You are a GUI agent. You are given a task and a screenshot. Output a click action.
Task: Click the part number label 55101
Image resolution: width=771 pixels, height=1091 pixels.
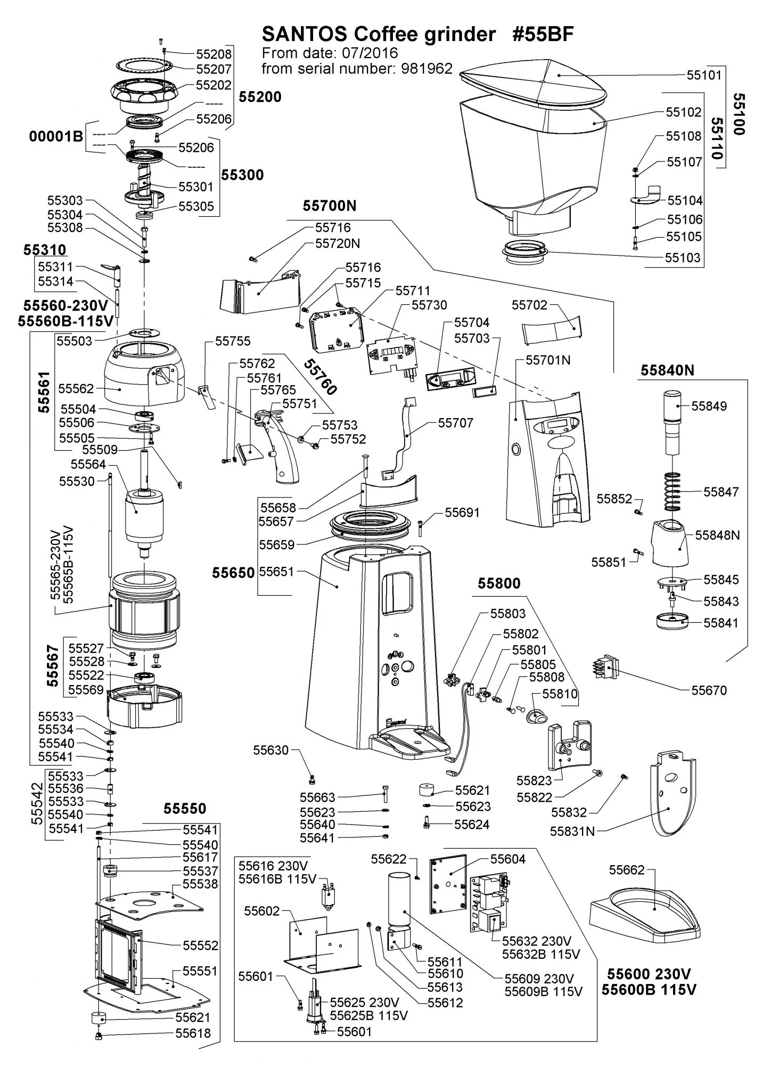[x=703, y=75]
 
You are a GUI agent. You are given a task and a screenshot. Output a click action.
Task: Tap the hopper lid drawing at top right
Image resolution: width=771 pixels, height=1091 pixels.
[x=532, y=85]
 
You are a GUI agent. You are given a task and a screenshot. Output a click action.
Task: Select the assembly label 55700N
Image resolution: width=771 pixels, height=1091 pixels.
[x=330, y=206]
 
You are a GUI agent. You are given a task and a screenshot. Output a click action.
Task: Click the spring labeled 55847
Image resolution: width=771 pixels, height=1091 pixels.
[x=674, y=491]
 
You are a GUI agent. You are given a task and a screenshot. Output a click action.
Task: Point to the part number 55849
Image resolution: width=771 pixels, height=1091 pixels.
[x=709, y=406]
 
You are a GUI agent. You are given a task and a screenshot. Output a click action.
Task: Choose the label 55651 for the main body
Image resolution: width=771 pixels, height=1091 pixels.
[x=276, y=573]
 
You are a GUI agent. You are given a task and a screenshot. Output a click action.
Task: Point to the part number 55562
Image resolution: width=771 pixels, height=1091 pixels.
[x=76, y=389]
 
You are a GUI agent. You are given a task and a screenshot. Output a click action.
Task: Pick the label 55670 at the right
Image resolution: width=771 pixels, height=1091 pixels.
[x=709, y=690]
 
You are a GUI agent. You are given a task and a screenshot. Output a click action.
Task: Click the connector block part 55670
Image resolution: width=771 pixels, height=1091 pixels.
[x=603, y=666]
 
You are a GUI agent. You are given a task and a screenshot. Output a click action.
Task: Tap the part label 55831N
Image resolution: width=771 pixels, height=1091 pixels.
[x=572, y=831]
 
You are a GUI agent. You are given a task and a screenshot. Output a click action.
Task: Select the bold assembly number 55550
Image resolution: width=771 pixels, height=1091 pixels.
[x=184, y=809]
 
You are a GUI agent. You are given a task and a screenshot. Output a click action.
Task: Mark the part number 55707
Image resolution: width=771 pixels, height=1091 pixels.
[x=455, y=423]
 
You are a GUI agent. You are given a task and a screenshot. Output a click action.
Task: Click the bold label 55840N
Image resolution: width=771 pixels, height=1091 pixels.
[x=667, y=371]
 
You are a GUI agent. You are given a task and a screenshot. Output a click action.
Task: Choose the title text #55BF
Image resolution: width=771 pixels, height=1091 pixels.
[x=543, y=35]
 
